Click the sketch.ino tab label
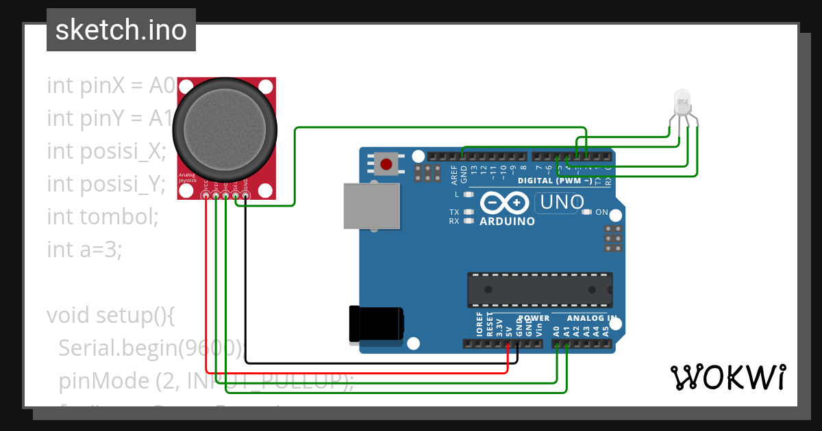pyautogui.click(x=121, y=30)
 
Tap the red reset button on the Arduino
pyautogui.click(x=386, y=164)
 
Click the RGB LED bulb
pyautogui.click(x=682, y=102)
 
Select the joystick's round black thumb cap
pyautogui.click(x=225, y=126)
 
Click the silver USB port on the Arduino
pyautogui.click(x=370, y=206)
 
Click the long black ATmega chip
pyautogui.click(x=540, y=289)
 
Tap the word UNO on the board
pyautogui.click(x=562, y=203)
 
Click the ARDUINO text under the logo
pyautogui.click(x=507, y=222)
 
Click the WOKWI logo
pyautogui.click(x=727, y=377)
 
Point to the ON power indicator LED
pyautogui.click(x=586, y=212)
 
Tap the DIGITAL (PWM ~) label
pyautogui.click(x=555, y=181)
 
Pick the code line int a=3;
pyautogui.click(x=84, y=250)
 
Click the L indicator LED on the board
pyautogui.click(x=469, y=195)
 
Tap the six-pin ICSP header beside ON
pyautogui.click(x=614, y=238)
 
